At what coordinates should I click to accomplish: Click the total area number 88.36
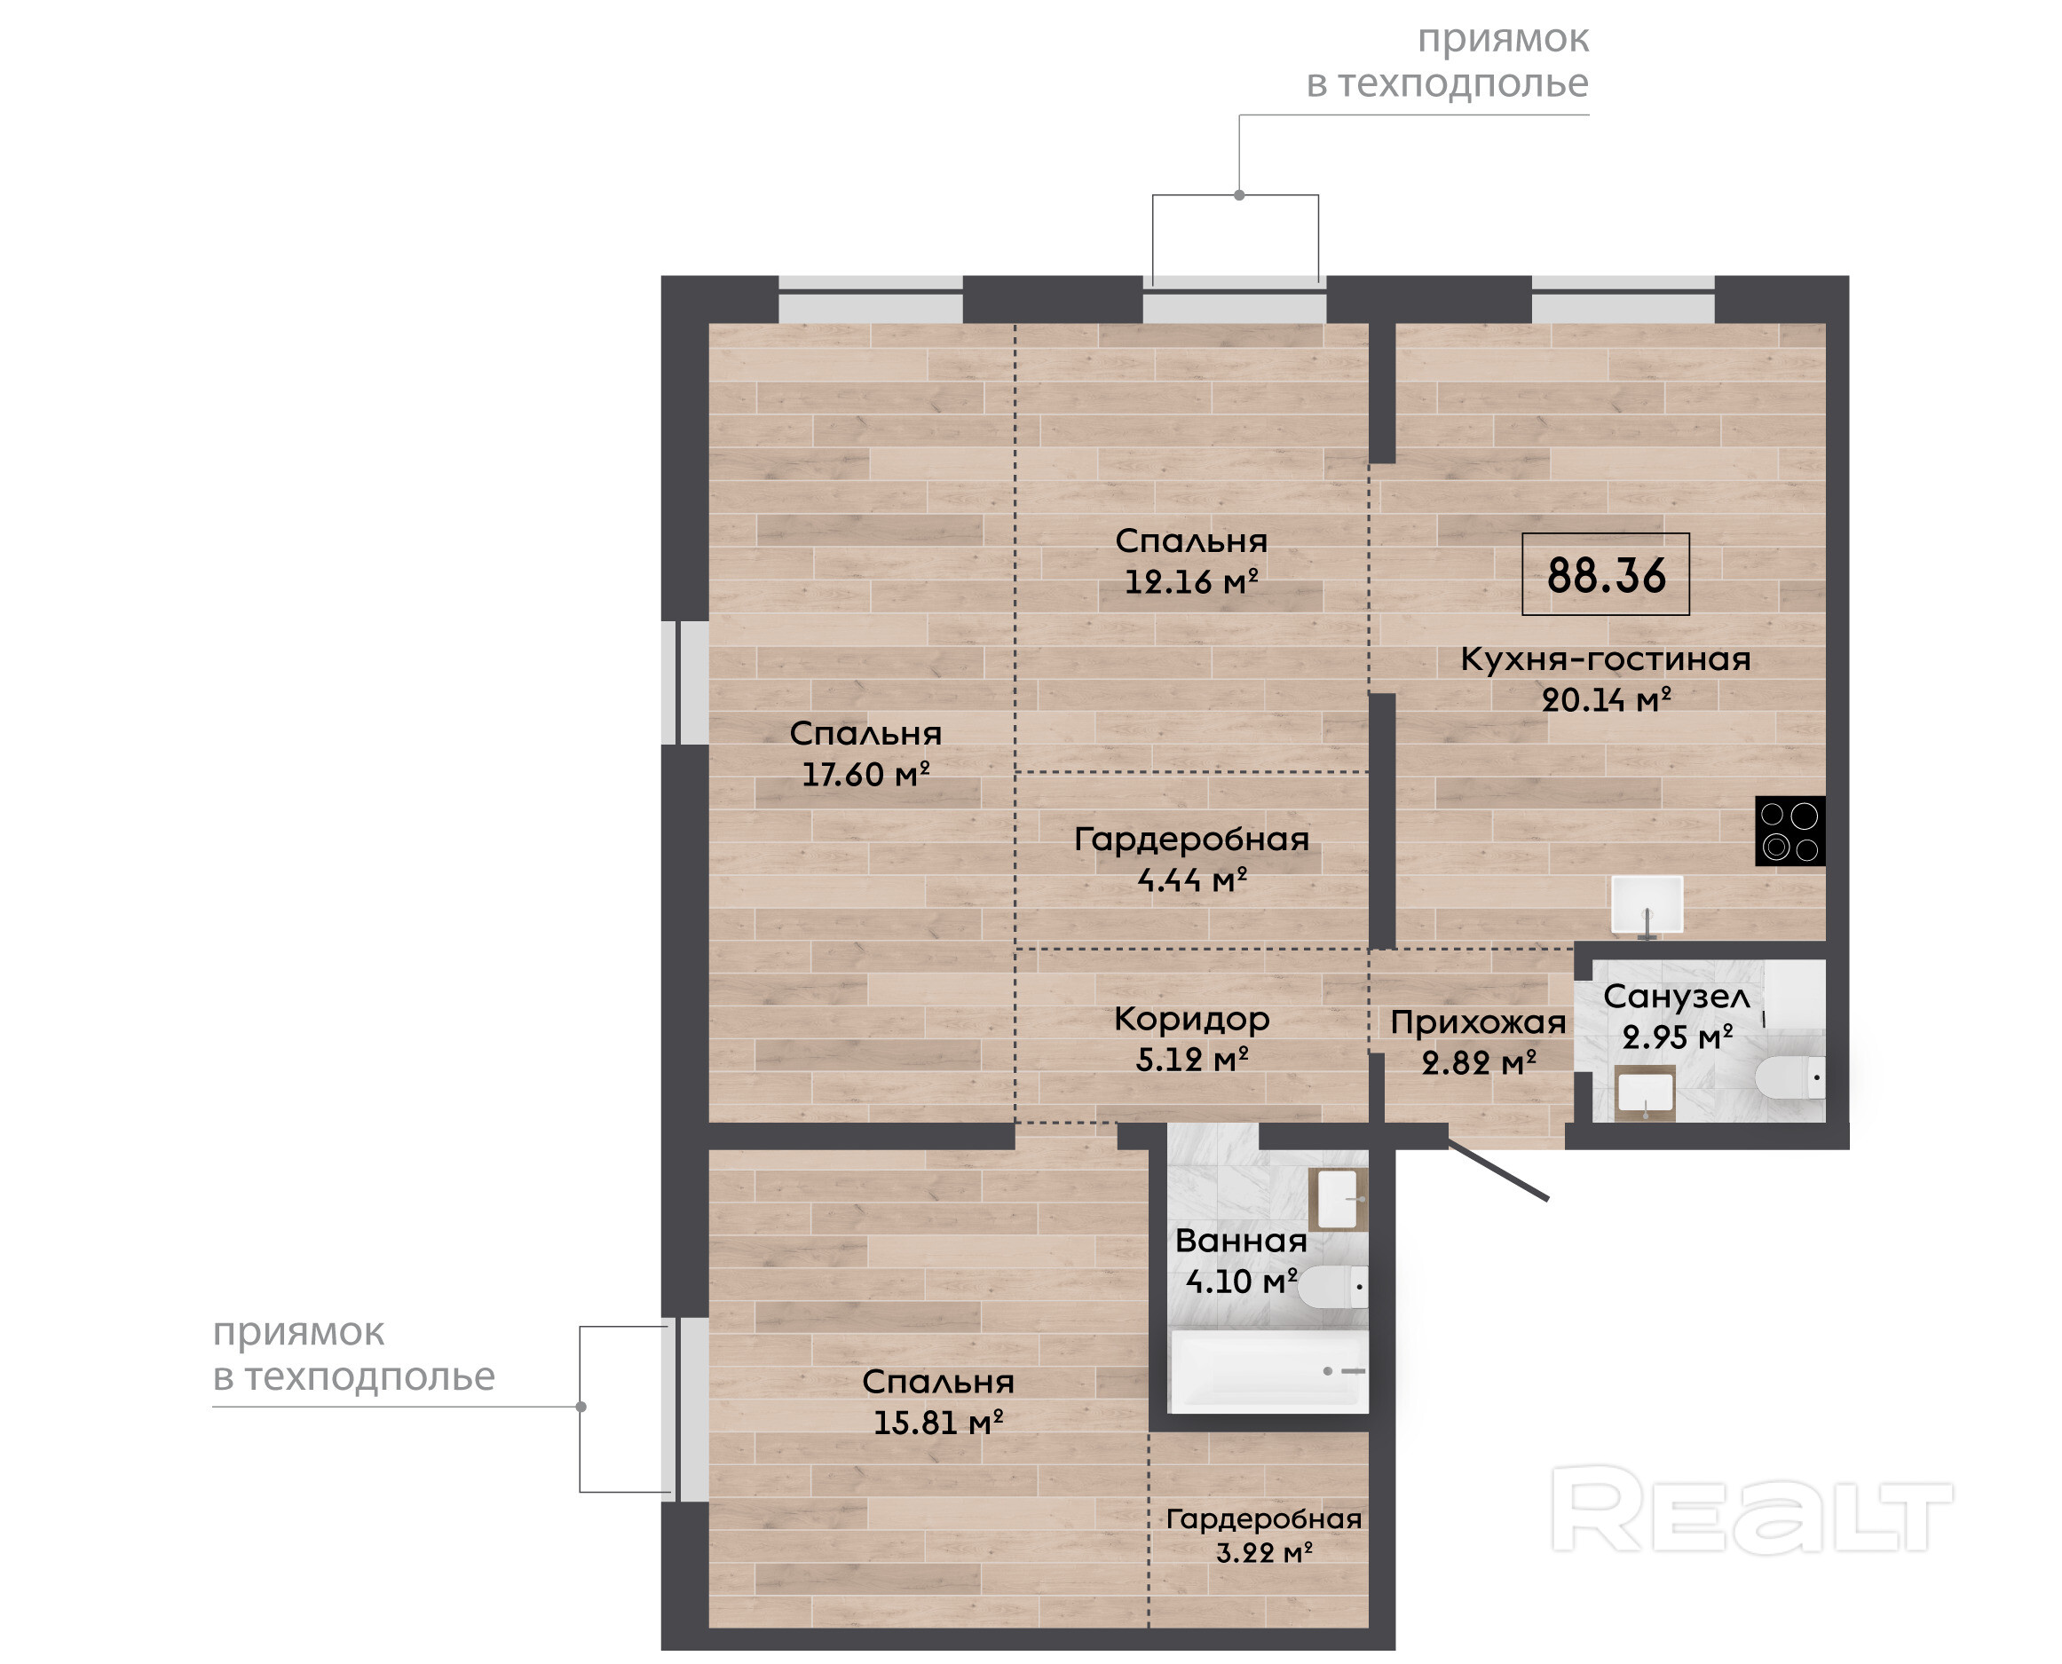point(1607,575)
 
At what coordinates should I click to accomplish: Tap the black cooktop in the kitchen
point(1789,831)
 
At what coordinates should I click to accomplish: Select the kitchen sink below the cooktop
point(1647,905)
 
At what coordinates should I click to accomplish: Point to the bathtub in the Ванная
point(1268,1370)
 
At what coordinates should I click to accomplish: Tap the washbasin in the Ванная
point(1339,1198)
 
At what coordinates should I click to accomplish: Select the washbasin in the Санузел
point(1645,1092)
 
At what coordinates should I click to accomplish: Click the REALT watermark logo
point(1751,1510)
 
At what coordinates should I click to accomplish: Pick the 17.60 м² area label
point(865,775)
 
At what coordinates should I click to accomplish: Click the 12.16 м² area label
point(1190,582)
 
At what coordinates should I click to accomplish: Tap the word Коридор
point(1191,1020)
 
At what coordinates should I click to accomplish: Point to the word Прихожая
point(1478,1022)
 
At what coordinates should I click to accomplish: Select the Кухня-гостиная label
point(1606,659)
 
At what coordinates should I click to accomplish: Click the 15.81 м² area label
point(937,1423)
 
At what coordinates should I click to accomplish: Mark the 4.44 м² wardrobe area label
point(1191,880)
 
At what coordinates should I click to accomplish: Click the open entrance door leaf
point(1497,1171)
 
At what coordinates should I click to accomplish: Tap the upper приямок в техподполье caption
point(1448,61)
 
